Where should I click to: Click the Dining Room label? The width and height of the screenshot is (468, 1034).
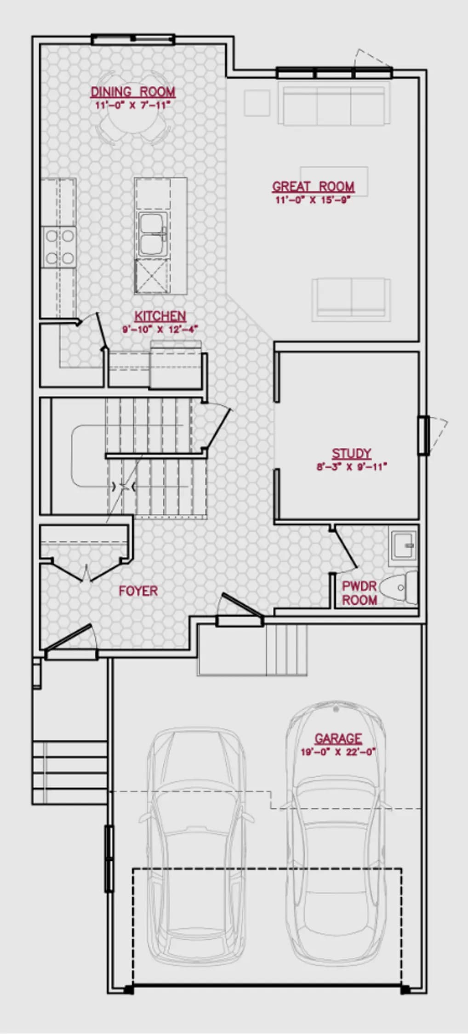[133, 92]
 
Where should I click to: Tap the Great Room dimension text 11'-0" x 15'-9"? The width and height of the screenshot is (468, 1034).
[313, 200]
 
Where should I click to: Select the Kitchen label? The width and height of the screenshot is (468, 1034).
[160, 316]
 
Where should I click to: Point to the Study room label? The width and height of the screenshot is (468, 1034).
[351, 454]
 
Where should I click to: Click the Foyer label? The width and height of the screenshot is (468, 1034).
[138, 591]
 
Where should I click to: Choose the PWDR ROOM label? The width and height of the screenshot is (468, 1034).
[360, 593]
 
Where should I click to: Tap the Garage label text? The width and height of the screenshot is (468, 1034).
[338, 739]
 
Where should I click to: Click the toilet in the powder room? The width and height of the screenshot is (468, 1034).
[400, 588]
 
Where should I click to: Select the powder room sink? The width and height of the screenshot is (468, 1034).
[403, 546]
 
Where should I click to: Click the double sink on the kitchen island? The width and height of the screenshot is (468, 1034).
[153, 233]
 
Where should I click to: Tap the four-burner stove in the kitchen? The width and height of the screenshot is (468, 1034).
[59, 247]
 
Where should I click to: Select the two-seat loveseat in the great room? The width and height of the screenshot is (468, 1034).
[351, 299]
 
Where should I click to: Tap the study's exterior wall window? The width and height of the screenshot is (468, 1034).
[424, 435]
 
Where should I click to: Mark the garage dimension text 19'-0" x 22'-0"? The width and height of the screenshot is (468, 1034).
[338, 752]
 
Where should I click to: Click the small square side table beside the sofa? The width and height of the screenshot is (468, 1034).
[257, 103]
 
